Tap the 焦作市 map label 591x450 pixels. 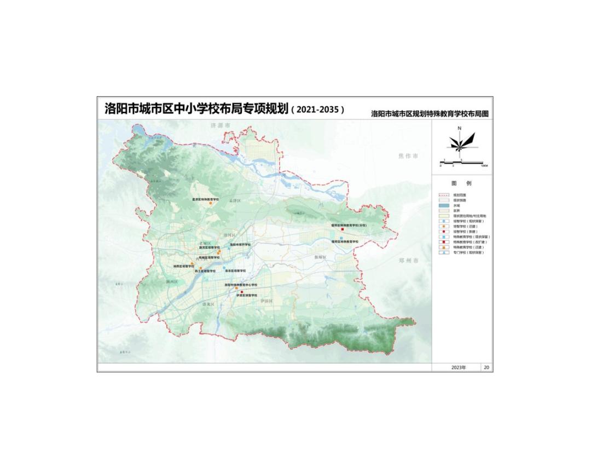408,156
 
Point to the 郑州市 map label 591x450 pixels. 408,261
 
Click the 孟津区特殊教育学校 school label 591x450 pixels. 205,200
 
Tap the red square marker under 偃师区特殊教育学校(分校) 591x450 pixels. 342,229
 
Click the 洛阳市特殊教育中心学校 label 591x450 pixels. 241,285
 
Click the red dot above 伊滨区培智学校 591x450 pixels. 242,291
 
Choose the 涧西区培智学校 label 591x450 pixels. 184,267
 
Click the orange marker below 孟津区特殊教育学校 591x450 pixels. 204,204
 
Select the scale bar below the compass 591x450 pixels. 462,163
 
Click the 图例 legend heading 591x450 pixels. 461,183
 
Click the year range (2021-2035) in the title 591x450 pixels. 319,109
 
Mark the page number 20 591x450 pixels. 486,367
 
